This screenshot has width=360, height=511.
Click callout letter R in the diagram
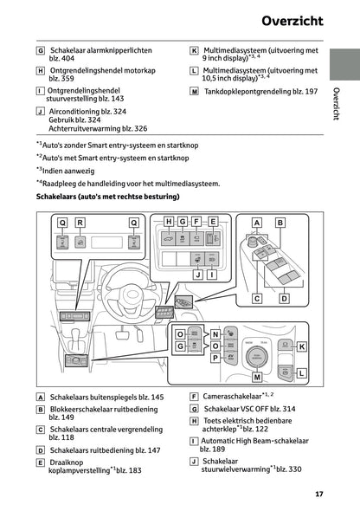pyautogui.click(x=80, y=223)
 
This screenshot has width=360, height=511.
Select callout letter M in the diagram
pyautogui.click(x=257, y=378)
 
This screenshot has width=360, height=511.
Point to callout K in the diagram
pyautogui.click(x=301, y=346)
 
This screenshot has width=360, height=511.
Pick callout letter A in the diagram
pyautogui.click(x=256, y=223)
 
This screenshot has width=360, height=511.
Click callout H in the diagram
pyautogui.click(x=169, y=222)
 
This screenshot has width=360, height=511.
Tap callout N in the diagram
pyautogui.click(x=215, y=333)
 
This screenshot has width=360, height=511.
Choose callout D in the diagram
pyautogui.click(x=284, y=298)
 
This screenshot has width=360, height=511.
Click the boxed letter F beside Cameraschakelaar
pyautogui.click(x=194, y=397)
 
